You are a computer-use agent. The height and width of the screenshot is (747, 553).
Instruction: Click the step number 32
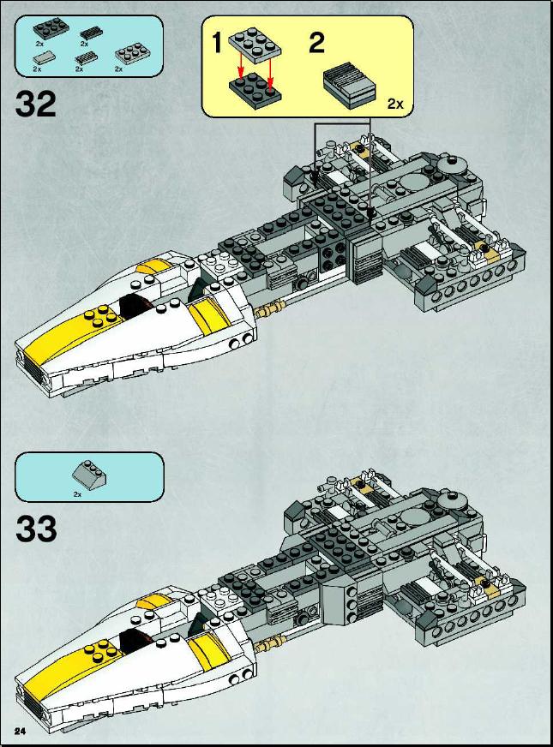click(36, 105)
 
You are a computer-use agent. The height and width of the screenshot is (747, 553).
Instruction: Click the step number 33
click(36, 529)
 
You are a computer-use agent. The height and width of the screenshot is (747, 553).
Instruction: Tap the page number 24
click(20, 732)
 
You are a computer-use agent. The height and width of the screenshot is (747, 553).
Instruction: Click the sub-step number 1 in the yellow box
click(217, 42)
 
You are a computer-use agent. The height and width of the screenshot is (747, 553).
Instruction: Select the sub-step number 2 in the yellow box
click(317, 42)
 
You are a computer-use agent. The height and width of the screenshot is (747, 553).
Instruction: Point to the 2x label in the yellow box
click(395, 104)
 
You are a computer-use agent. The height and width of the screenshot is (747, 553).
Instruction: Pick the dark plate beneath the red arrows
click(255, 91)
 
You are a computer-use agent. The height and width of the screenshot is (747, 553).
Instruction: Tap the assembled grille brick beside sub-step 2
click(351, 84)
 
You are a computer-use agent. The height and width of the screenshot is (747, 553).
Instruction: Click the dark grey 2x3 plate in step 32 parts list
click(51, 29)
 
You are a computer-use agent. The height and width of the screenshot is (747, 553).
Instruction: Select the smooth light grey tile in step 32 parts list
click(45, 57)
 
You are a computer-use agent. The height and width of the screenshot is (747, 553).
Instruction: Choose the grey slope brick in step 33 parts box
click(89, 475)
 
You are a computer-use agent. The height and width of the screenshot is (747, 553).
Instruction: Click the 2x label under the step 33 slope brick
click(77, 494)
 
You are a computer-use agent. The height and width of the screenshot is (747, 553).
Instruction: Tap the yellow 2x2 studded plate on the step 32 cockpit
click(101, 315)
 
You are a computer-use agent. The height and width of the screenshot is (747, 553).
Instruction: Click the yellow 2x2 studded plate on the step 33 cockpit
click(101, 650)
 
